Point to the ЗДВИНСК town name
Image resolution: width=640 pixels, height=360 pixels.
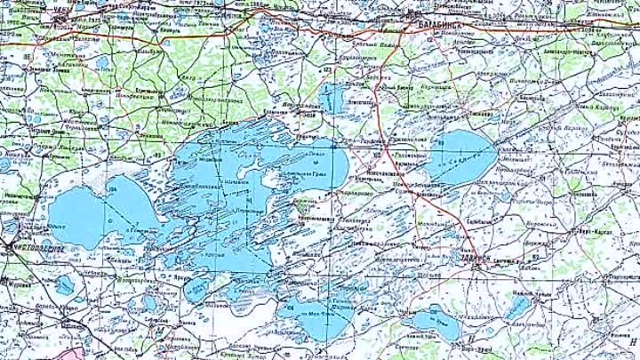477,260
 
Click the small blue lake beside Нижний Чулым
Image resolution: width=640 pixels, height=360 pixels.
516,308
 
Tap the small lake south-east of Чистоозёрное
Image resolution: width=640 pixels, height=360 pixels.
64,285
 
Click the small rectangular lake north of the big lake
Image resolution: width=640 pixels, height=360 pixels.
331,97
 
